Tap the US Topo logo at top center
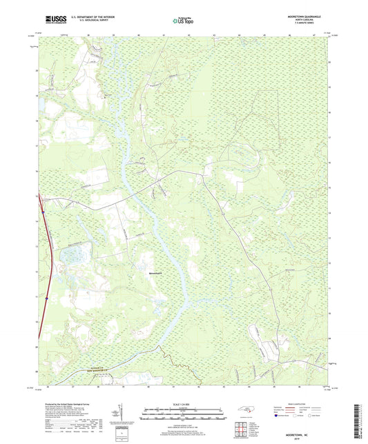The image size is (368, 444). [x=182, y=21]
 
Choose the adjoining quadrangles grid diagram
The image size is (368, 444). [x=240, y=431]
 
